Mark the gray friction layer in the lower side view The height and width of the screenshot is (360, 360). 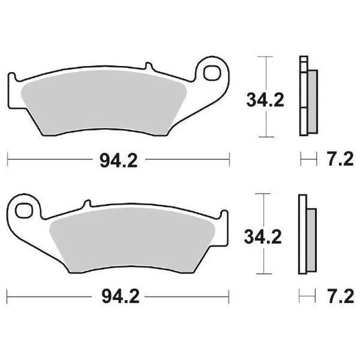tap(311, 239)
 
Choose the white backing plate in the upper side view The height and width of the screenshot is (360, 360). tap(301, 94)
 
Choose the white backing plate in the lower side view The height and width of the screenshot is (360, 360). tap(301, 232)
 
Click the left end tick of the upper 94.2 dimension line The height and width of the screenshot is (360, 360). tap(7, 159)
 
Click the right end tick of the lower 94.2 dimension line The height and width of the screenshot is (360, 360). tap(229, 297)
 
